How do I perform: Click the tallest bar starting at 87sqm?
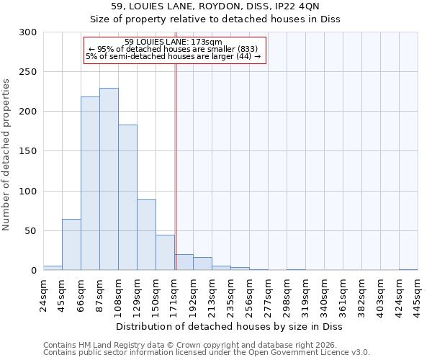(x=109, y=179)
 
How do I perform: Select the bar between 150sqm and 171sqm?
(x=165, y=252)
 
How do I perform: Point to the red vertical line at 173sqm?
(x=176, y=166)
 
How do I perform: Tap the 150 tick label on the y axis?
(x=27, y=152)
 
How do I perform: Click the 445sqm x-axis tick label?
(x=418, y=294)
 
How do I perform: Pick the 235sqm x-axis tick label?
(x=230, y=294)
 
